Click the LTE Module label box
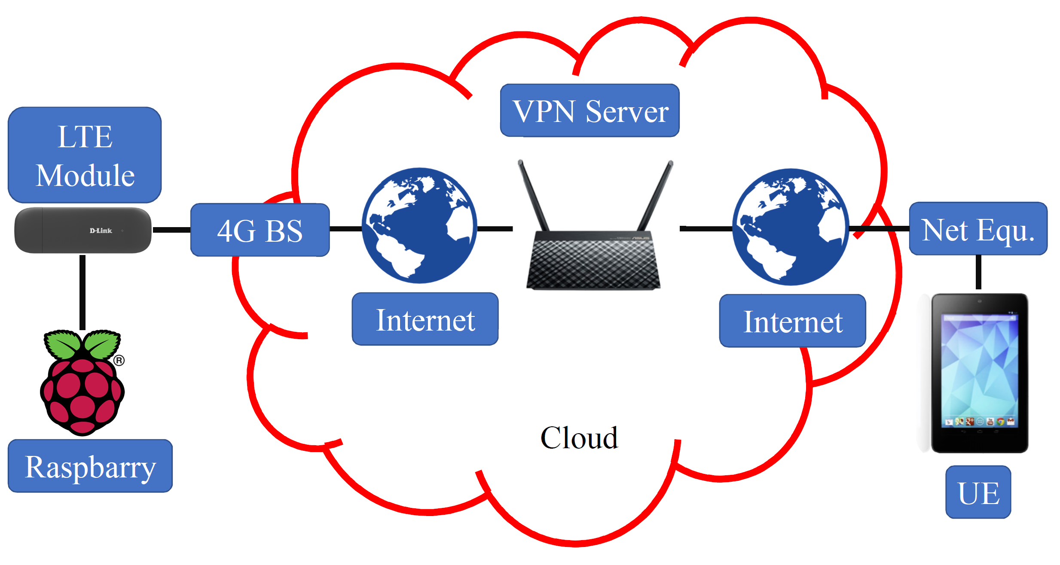[85, 155]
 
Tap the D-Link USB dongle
[83, 231]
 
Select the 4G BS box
[260, 230]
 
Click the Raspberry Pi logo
[82, 382]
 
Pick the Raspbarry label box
[90, 466]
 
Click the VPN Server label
[590, 111]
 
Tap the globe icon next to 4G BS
[419, 225]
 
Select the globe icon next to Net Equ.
[791, 227]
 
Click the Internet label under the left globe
[425, 319]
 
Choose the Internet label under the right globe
[793, 321]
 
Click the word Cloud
[579, 438]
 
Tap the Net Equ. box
[978, 229]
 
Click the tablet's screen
[979, 369]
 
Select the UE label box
[978, 492]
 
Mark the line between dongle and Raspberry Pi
[82, 292]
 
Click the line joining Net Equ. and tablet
[978, 272]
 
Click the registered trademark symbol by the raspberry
[119, 360]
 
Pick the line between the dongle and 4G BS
[171, 230]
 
